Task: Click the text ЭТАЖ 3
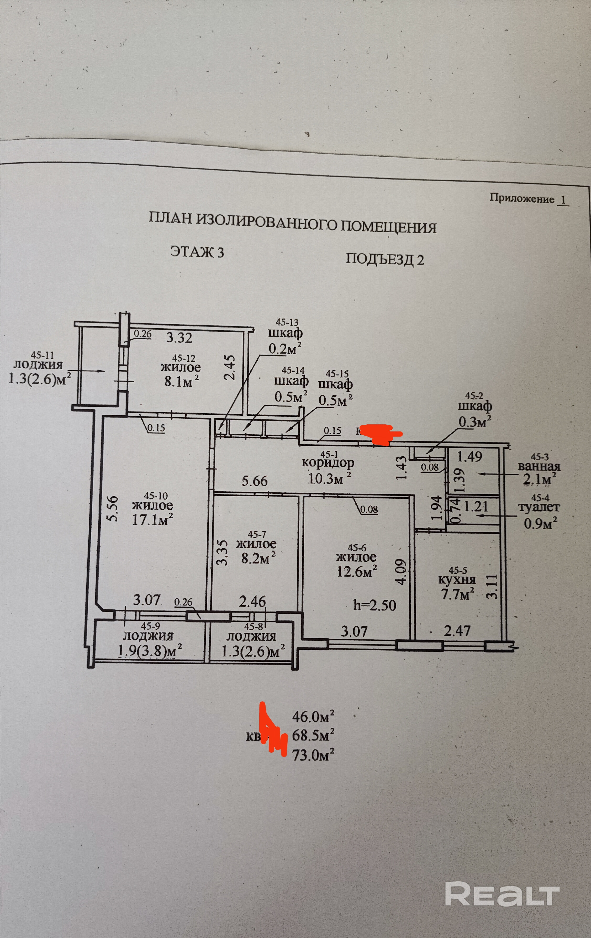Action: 197,252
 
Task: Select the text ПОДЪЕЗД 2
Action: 385,259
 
